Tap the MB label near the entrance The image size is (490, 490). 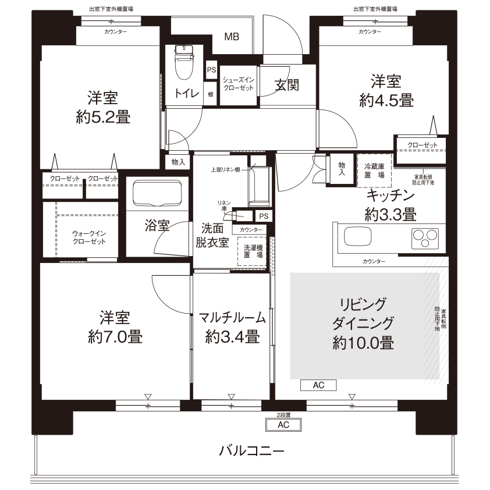click(232, 37)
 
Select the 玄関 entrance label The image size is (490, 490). click(287, 86)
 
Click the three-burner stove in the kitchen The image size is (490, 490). click(426, 238)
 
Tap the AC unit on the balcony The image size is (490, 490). click(283, 425)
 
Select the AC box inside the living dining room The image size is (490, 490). click(318, 385)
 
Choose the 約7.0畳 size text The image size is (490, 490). click(114, 336)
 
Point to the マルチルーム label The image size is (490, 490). click(232, 318)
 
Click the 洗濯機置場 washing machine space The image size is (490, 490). click(253, 251)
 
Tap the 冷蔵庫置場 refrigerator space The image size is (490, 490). click(374, 170)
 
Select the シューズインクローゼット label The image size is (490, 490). click(239, 84)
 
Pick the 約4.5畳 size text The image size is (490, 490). click(386, 101)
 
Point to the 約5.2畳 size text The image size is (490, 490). click(103, 117)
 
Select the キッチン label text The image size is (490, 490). click(390, 196)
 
